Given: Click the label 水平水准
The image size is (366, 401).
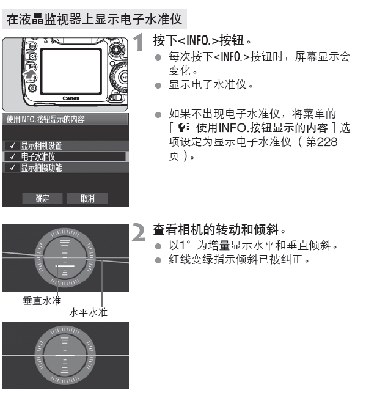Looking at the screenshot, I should (88, 312).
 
